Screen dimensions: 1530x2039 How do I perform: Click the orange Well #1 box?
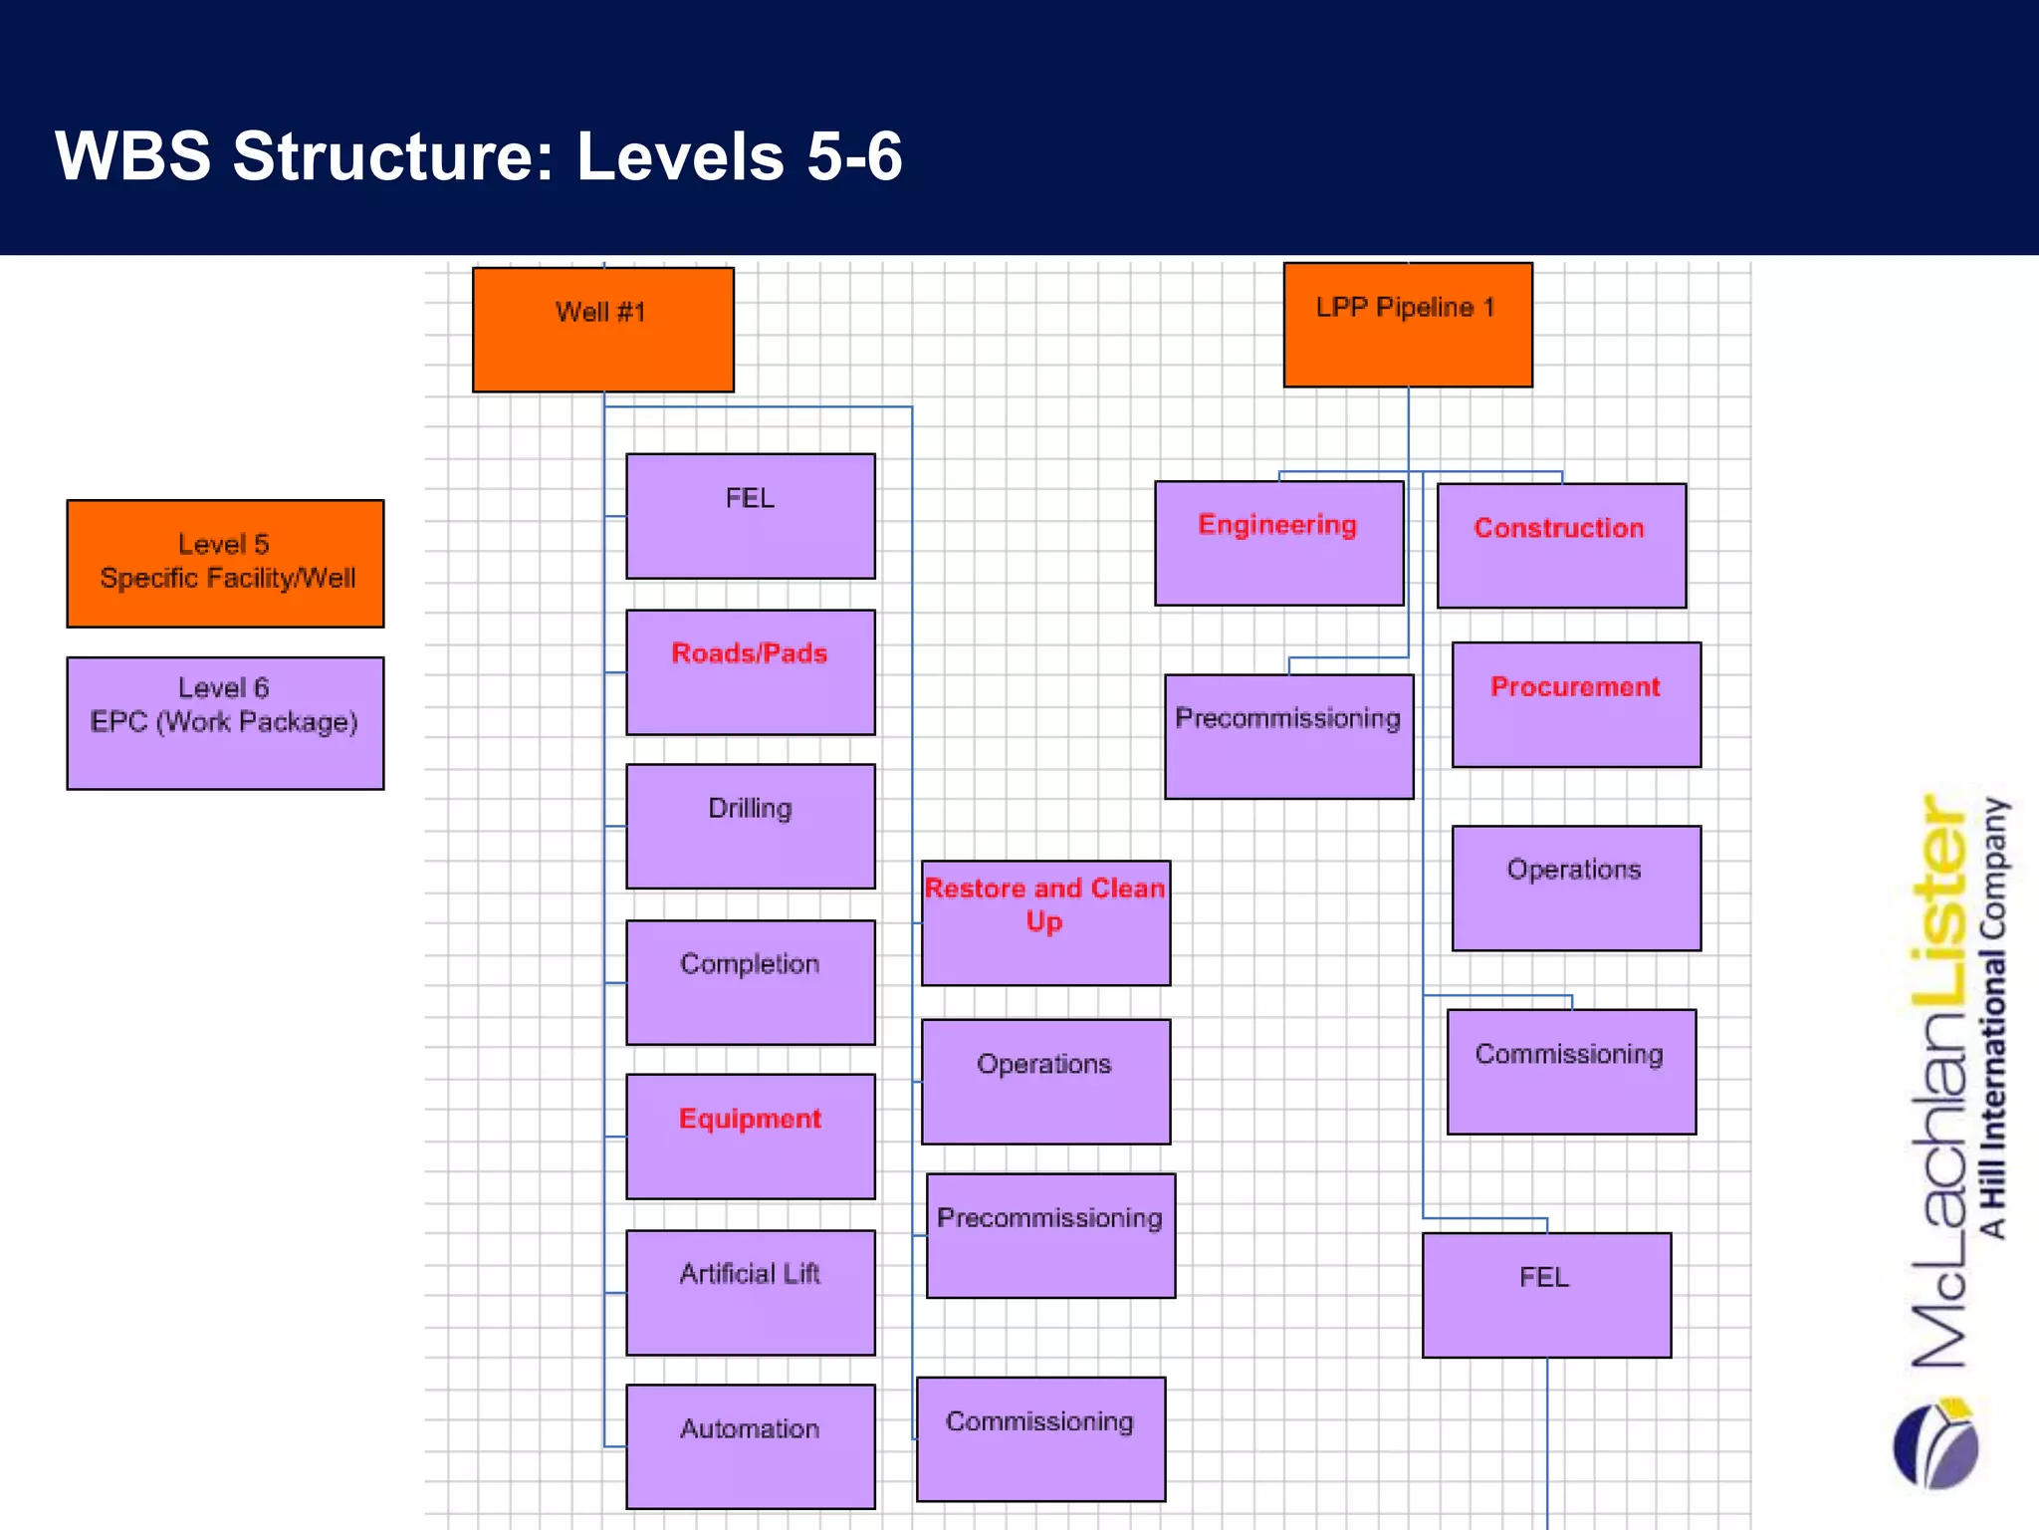[602, 330]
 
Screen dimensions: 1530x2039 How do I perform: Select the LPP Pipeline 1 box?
[1407, 325]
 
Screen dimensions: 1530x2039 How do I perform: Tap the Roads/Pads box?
[750, 672]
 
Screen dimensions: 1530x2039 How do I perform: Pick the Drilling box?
[750, 827]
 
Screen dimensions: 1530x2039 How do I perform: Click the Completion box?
[750, 982]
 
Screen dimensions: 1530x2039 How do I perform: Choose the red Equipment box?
[750, 1137]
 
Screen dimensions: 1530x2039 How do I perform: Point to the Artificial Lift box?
[750, 1293]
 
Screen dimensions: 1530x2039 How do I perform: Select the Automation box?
[750, 1446]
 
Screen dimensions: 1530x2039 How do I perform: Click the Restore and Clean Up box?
[1045, 923]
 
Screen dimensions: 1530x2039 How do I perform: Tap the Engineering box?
[1278, 543]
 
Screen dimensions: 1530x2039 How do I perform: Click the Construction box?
[1561, 546]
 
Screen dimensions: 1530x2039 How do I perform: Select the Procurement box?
[1576, 704]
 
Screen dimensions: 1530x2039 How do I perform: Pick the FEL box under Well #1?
[750, 516]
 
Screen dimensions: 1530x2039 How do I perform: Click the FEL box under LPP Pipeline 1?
[1546, 1295]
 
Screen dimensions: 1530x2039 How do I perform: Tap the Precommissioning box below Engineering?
[1288, 737]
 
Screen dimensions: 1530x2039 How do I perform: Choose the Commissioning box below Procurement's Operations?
[1571, 1072]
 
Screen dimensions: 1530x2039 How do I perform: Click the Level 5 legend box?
[225, 564]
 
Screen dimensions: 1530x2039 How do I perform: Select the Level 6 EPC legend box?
[225, 723]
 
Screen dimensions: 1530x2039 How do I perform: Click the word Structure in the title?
[392, 157]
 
